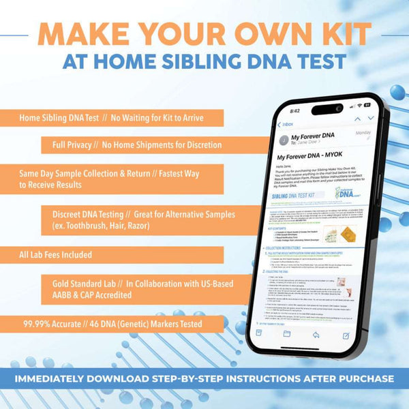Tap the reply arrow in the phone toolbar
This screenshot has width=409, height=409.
316,335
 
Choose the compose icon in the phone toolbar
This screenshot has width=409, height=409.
346,337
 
